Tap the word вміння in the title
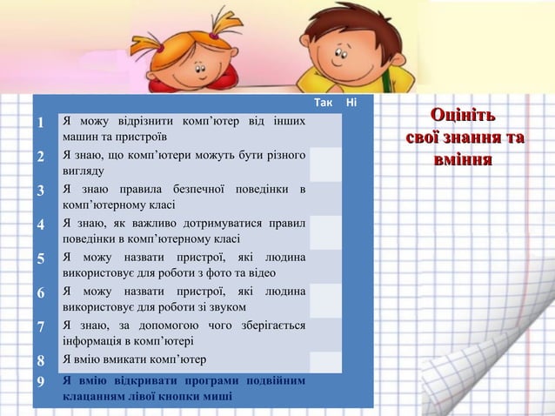[463, 161]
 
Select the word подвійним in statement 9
[271, 381]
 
